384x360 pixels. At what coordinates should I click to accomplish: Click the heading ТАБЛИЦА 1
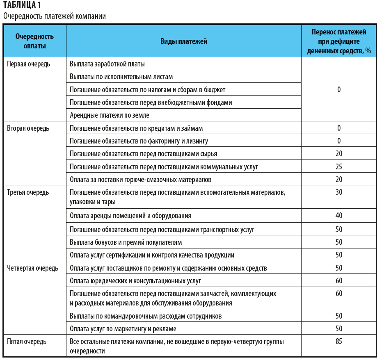tap(22, 5)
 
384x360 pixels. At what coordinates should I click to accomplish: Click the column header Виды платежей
tap(183, 41)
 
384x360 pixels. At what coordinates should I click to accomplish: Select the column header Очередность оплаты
tap(34, 41)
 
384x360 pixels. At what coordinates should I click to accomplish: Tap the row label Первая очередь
tap(29, 64)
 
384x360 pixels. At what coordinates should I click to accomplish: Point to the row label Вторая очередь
tap(28, 128)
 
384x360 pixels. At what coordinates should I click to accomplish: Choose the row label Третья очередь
tap(28, 192)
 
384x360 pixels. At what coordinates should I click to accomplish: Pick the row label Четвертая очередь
tap(33, 269)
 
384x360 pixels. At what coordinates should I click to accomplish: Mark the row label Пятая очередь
tap(27, 342)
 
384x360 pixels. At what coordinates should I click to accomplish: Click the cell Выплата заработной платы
tap(107, 64)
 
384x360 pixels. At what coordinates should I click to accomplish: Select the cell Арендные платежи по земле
tap(109, 115)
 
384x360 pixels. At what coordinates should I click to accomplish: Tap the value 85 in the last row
tap(339, 342)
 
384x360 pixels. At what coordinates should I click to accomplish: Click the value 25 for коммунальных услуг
tap(339, 167)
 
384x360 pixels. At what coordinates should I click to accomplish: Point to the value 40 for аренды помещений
tap(339, 215)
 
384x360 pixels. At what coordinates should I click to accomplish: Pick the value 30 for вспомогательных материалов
tap(339, 192)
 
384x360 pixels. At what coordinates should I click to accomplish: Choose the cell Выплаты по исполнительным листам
tap(121, 77)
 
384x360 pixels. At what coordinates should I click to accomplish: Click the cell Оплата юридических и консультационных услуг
tap(135, 281)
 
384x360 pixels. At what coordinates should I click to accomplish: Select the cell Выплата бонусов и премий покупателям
tap(126, 242)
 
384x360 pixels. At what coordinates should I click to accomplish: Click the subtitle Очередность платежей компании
tap(55, 16)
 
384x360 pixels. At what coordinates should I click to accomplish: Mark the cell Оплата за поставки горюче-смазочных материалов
tap(141, 180)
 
